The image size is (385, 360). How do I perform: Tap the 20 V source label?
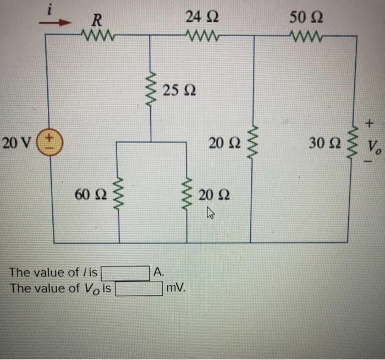pyautogui.click(x=16, y=144)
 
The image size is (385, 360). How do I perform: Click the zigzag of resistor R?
pyautogui.click(x=97, y=36)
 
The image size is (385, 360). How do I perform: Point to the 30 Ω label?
pyautogui.click(x=326, y=144)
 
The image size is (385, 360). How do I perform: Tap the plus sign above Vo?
pyautogui.click(x=372, y=120)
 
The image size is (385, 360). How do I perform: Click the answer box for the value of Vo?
pyautogui.click(x=139, y=288)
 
